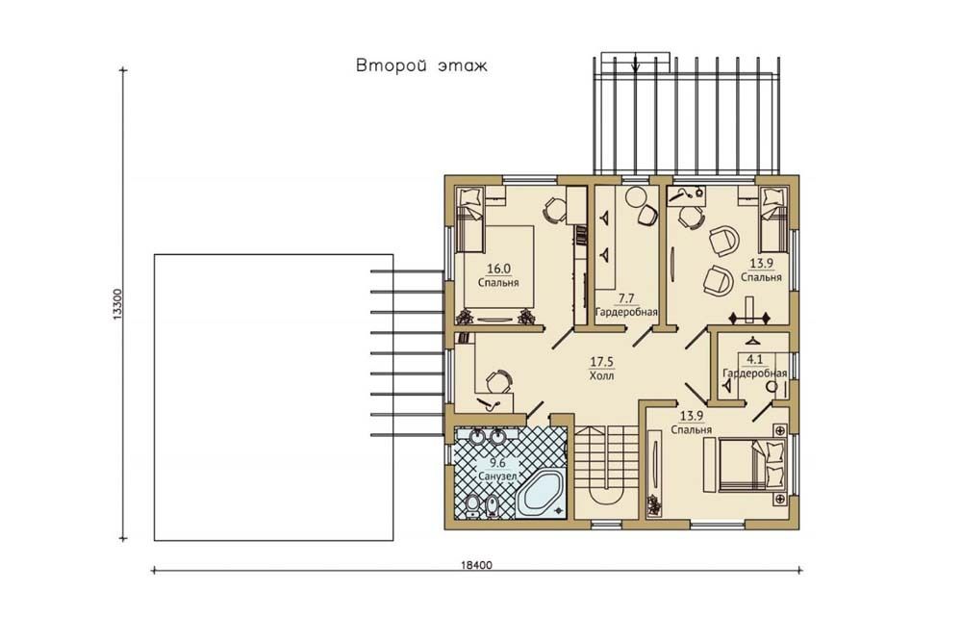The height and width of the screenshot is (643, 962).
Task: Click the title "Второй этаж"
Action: pyautogui.click(x=421, y=65)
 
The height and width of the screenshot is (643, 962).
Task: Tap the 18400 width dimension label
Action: pyautogui.click(x=476, y=565)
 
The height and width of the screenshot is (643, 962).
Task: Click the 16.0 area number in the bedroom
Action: pyautogui.click(x=498, y=269)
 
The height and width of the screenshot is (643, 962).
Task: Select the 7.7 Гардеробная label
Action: pyautogui.click(x=626, y=305)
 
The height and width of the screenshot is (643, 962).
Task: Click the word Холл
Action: pyautogui.click(x=601, y=375)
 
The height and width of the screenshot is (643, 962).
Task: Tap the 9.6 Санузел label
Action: pyautogui.click(x=497, y=471)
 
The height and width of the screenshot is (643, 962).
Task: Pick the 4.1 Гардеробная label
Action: pyautogui.click(x=754, y=368)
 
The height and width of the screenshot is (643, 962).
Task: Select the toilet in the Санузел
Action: pyautogui.click(x=472, y=504)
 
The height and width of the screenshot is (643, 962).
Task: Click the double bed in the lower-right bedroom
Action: pyautogui.click(x=753, y=464)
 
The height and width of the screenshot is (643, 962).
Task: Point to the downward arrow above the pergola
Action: pyautogui.click(x=636, y=63)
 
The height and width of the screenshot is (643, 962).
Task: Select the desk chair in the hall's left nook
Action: pyautogui.click(x=498, y=381)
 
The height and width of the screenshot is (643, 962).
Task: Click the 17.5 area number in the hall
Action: pyautogui.click(x=601, y=362)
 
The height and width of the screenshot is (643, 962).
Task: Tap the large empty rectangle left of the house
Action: pyautogui.click(x=273, y=398)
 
